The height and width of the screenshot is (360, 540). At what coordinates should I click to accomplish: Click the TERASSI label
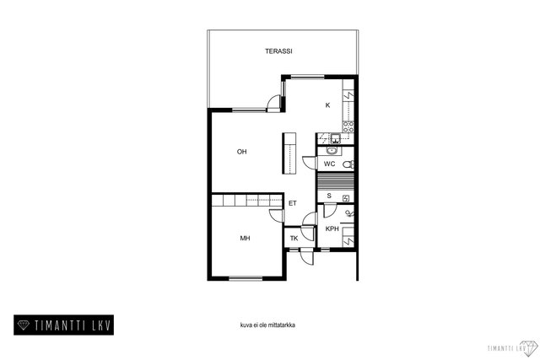point(278,51)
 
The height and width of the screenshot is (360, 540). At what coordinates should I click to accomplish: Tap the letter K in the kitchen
point(328,105)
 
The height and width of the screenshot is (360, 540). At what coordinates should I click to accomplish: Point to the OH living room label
point(242,152)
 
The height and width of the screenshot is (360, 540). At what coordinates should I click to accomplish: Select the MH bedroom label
point(245,238)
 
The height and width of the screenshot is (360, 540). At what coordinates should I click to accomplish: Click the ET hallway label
point(293,203)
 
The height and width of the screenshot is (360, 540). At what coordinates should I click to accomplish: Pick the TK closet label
point(294,238)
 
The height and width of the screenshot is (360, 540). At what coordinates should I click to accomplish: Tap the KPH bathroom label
point(332,228)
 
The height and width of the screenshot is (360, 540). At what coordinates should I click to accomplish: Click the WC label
point(330,164)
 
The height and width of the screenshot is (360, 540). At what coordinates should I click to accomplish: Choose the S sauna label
point(329,196)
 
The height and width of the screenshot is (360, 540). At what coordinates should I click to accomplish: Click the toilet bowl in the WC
point(348,164)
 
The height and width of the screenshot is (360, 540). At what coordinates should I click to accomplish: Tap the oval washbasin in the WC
point(332,150)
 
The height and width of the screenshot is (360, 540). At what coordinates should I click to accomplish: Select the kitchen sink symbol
point(335,139)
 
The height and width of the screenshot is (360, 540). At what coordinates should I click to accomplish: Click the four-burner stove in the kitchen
point(348,126)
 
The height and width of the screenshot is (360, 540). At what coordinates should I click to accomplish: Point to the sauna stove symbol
point(346,198)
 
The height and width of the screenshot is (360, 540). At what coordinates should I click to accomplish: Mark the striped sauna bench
point(335,181)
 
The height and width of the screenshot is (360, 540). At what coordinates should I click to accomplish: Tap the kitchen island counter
point(289,153)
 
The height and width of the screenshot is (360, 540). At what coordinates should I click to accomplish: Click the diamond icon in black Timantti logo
point(24,325)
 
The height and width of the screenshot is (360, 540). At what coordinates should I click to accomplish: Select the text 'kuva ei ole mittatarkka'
point(267,325)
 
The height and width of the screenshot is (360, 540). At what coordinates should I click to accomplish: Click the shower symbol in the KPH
point(349,214)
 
